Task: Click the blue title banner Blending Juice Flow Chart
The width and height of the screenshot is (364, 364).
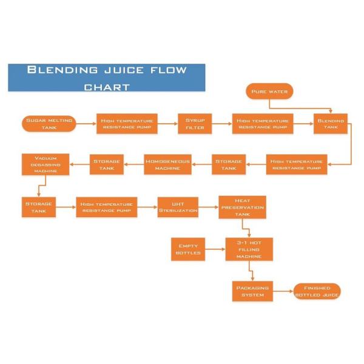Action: (x=106, y=78)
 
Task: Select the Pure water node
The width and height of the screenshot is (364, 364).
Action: (x=269, y=92)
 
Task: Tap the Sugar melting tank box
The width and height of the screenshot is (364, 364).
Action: (x=49, y=123)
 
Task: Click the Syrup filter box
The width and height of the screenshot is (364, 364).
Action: (x=195, y=123)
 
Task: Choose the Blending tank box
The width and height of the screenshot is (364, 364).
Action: (x=331, y=124)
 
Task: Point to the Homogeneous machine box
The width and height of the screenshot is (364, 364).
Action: (x=167, y=164)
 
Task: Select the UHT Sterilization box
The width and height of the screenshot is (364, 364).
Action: (x=178, y=206)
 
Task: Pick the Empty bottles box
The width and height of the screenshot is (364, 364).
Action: (x=188, y=249)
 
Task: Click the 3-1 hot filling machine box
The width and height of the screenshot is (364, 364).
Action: (x=249, y=249)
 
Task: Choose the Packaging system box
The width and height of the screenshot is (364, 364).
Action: (x=252, y=291)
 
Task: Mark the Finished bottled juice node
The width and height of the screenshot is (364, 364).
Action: (x=317, y=291)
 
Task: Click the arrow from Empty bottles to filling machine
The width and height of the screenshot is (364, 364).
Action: (x=215, y=249)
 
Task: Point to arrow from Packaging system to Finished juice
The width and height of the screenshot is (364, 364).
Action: (x=282, y=291)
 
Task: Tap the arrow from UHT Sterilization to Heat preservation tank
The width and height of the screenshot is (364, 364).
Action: (x=208, y=206)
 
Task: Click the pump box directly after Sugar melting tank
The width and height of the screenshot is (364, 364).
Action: (x=127, y=123)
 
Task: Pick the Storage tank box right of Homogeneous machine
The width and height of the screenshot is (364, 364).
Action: (x=229, y=164)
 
